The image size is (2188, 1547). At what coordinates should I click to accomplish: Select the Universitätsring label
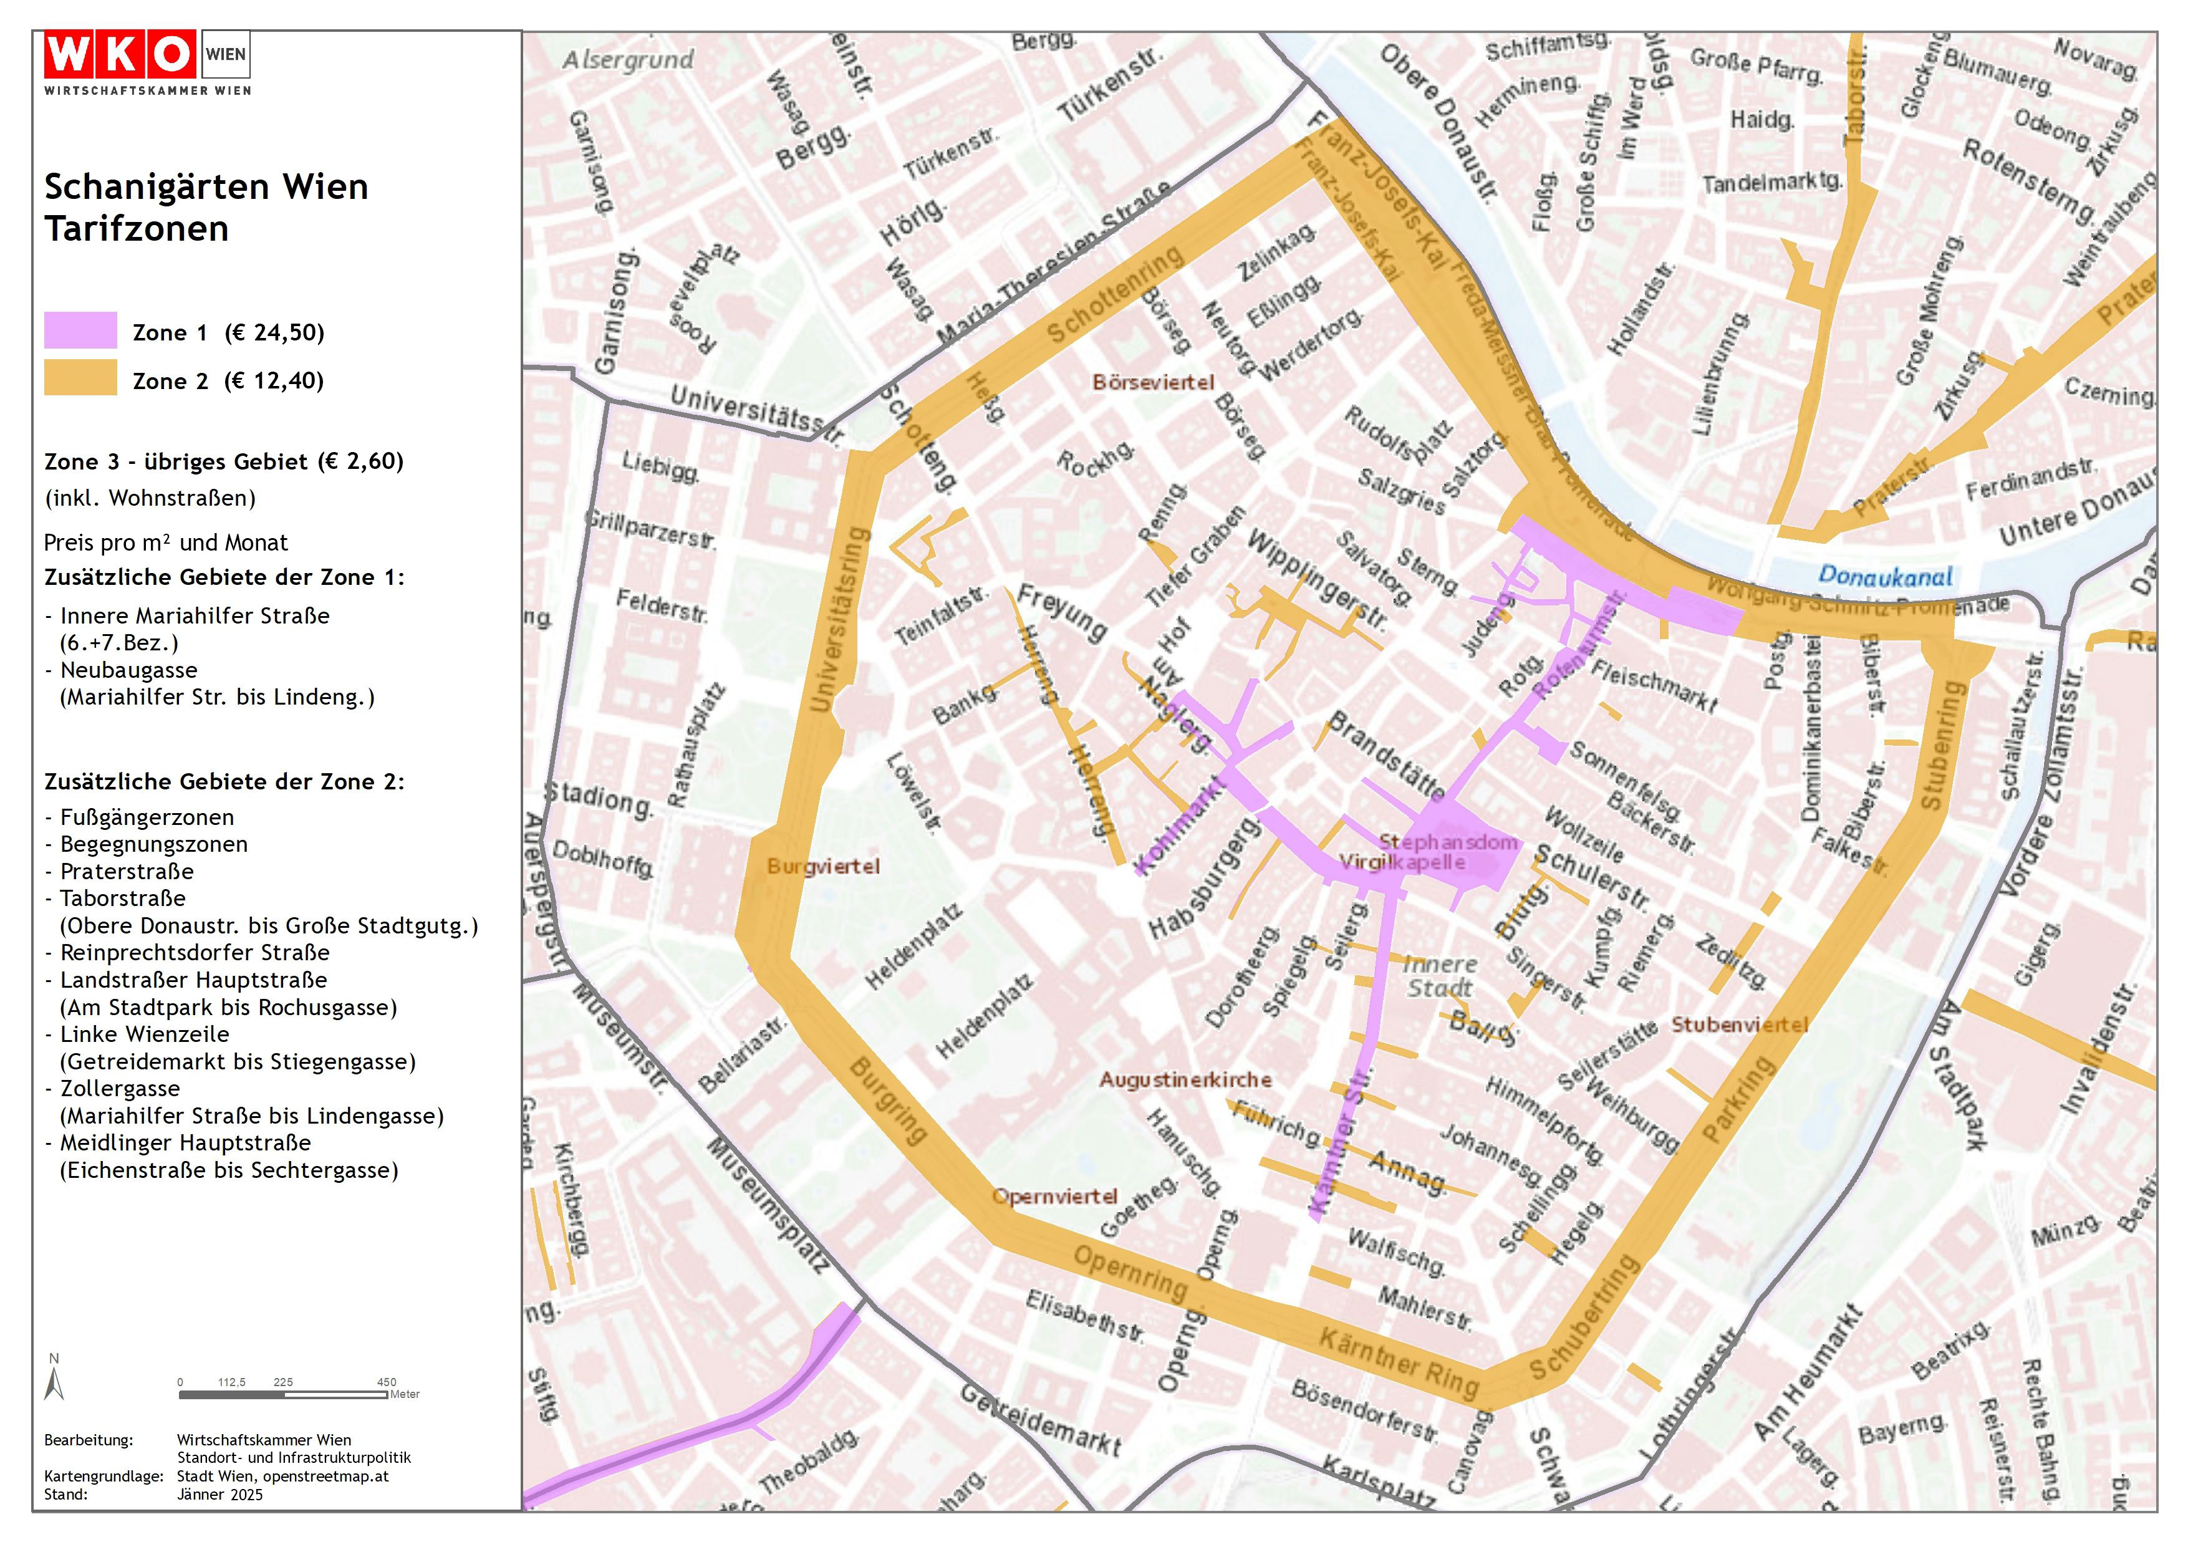(x=839, y=620)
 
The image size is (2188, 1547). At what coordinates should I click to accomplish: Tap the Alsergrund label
(x=627, y=60)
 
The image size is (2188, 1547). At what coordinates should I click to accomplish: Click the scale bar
(x=283, y=1394)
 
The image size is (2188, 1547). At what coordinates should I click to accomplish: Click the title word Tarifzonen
(x=137, y=229)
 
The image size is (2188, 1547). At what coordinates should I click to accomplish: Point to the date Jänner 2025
(x=219, y=1493)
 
